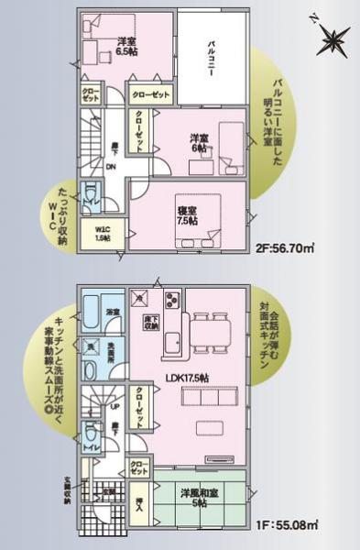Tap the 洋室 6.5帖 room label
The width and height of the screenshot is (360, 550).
126,46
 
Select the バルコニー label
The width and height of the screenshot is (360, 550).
211,60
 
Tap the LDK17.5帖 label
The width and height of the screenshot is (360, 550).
188,377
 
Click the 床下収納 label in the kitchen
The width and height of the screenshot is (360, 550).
149,323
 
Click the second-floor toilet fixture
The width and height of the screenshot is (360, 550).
92,197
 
